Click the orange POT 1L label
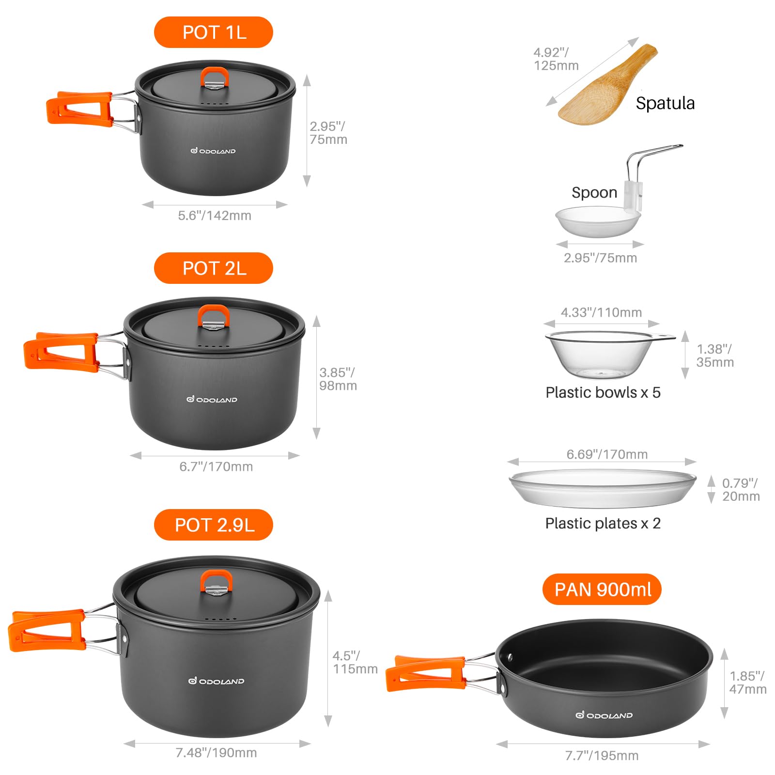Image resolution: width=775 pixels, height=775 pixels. (x=214, y=32)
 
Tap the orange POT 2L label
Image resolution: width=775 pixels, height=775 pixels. (x=214, y=268)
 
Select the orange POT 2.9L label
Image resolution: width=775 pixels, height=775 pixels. (x=214, y=525)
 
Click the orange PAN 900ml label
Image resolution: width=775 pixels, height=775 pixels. (x=602, y=589)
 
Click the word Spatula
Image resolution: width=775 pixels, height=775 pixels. (x=665, y=103)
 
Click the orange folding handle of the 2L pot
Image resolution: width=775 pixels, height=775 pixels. (x=61, y=352)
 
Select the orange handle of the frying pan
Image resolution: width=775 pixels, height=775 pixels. (x=425, y=673)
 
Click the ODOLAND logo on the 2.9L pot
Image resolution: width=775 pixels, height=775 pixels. (x=216, y=681)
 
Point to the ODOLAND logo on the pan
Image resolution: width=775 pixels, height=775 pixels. (x=604, y=715)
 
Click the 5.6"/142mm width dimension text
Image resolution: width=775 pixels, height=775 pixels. (x=215, y=216)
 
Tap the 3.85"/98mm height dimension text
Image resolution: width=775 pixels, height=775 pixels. (x=338, y=379)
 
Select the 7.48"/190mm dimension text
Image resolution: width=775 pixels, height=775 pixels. (x=216, y=753)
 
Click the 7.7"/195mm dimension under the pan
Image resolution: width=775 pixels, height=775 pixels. (x=602, y=755)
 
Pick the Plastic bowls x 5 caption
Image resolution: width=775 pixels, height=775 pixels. (x=603, y=392)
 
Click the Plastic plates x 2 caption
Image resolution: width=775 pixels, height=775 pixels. (x=603, y=523)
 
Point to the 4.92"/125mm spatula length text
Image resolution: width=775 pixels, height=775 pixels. (x=556, y=59)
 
